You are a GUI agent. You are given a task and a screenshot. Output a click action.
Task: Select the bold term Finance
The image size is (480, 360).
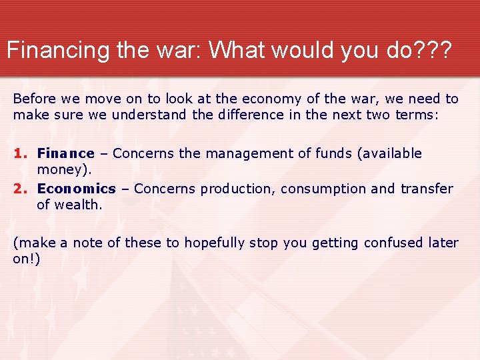[65, 154]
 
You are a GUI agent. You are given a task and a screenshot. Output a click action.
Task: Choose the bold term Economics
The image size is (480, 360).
[76, 189]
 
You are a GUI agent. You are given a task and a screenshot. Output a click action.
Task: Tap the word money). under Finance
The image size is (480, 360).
[64, 169]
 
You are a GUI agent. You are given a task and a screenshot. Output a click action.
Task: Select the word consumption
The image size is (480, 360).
[323, 189]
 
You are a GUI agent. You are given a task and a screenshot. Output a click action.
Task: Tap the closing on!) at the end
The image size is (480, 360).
[27, 259]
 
